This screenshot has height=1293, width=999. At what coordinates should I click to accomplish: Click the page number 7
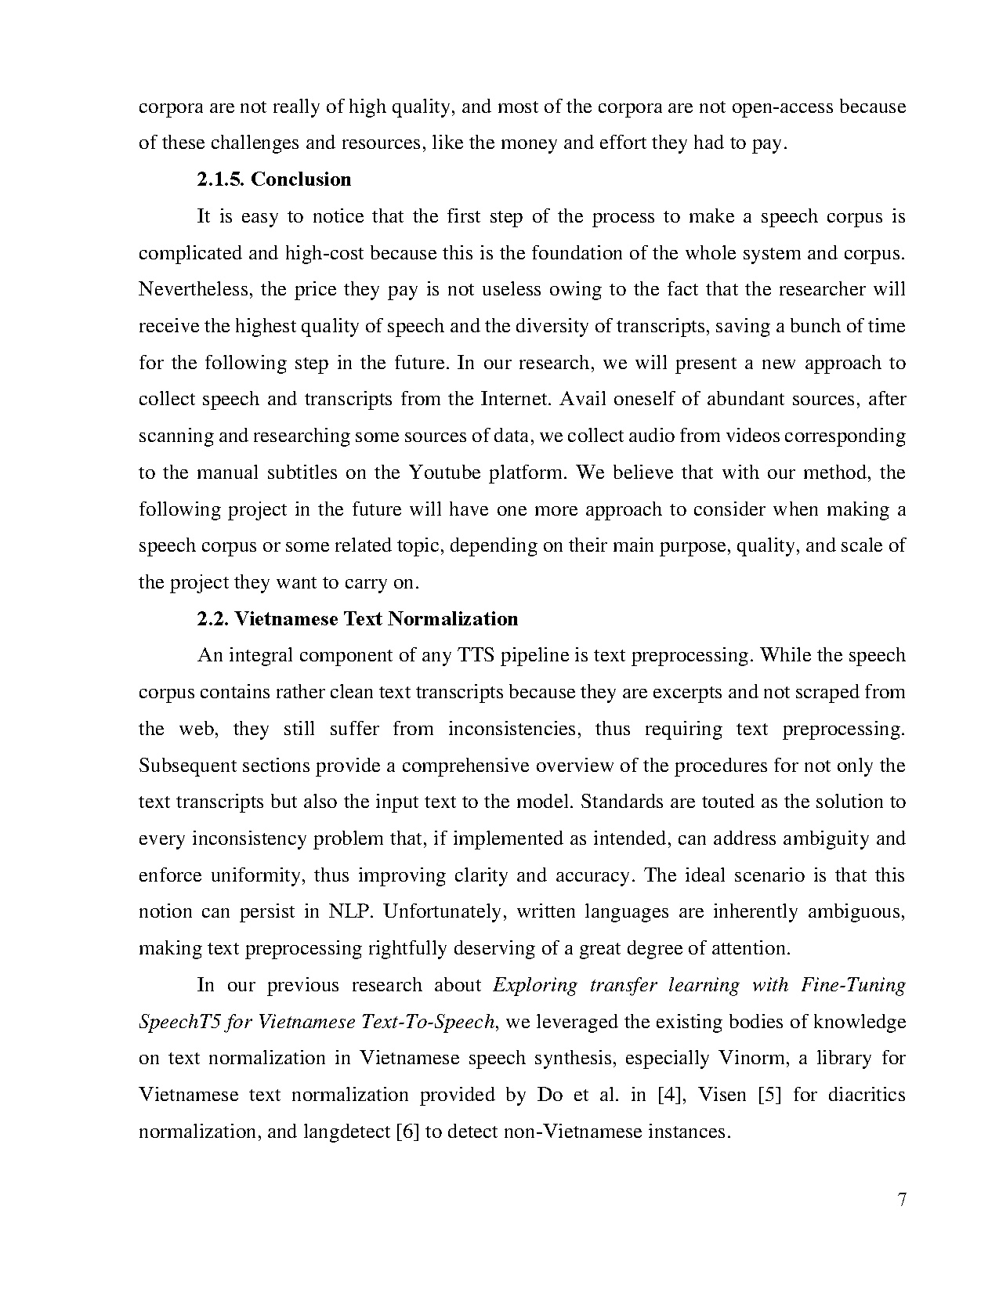[901, 1200]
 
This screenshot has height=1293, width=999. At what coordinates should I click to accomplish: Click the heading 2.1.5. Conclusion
[273, 179]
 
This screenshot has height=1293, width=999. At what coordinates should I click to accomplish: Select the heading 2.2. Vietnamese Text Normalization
[357, 619]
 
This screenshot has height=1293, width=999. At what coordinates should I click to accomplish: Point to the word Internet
[510, 399]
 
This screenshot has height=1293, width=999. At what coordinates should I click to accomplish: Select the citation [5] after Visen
[769, 1095]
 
